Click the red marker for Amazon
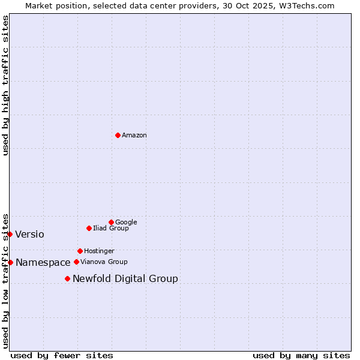click(x=118, y=135)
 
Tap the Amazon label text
click(x=134, y=136)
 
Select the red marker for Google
click(x=111, y=222)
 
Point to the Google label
click(x=126, y=222)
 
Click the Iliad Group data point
click(x=89, y=228)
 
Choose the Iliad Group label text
click(x=111, y=229)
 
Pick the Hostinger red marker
click(x=80, y=251)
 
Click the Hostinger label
click(x=99, y=251)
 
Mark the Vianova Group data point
click(x=76, y=262)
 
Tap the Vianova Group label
click(x=104, y=262)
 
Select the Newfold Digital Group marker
click(x=67, y=278)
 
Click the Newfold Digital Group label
click(x=125, y=278)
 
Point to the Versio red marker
click(x=10, y=234)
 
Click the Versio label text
click(x=29, y=234)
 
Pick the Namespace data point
click(x=10, y=262)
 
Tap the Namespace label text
click(x=43, y=263)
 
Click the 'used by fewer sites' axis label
click(x=62, y=355)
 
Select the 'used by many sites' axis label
click(x=301, y=355)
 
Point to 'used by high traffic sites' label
click(x=5, y=85)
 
